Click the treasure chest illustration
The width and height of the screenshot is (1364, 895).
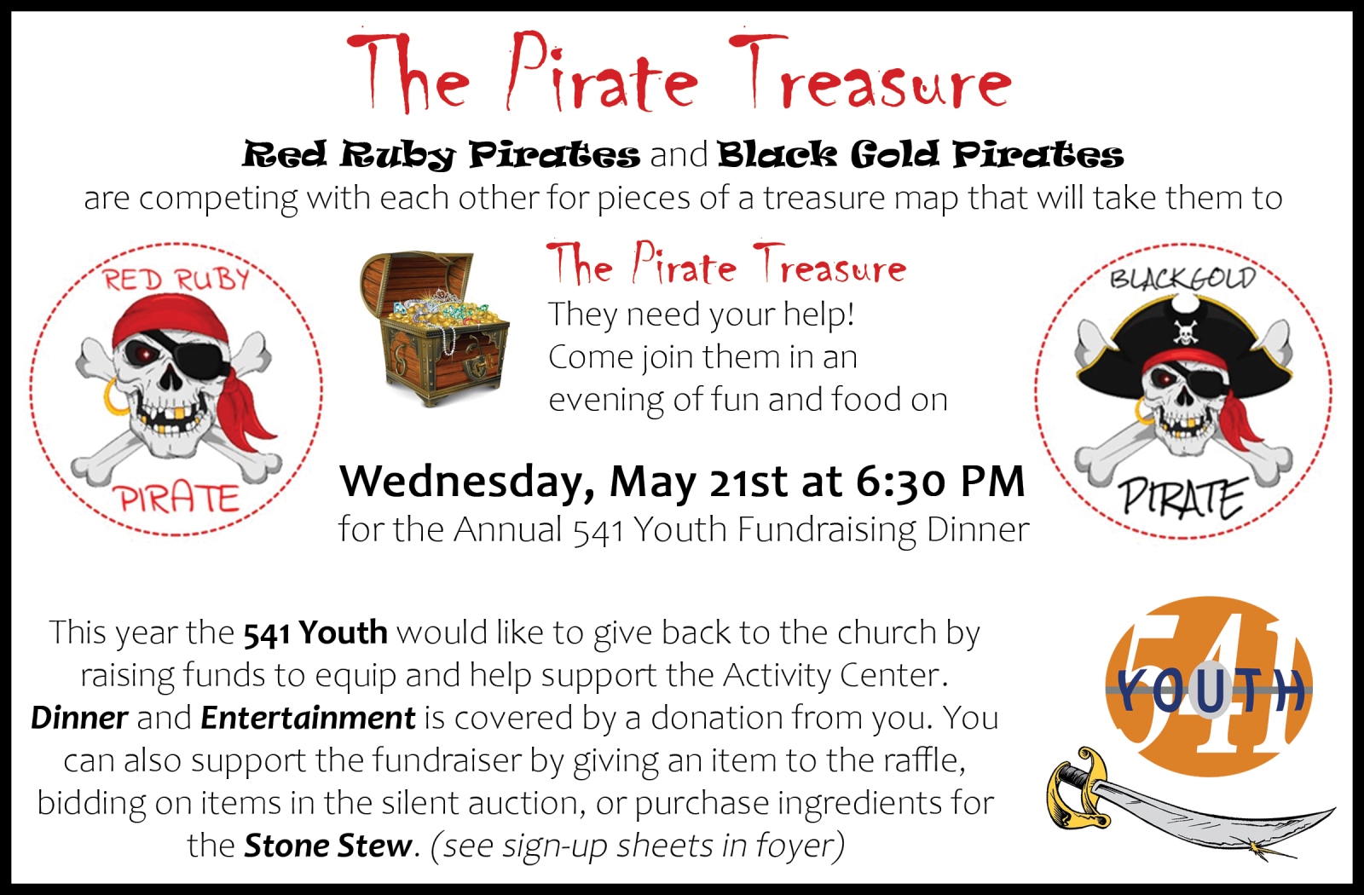[x=435, y=329]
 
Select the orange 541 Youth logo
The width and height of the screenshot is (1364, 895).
[x=1209, y=687]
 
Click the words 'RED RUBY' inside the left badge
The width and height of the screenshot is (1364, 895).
[x=176, y=280]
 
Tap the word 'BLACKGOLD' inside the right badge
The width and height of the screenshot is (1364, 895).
[x=1182, y=278]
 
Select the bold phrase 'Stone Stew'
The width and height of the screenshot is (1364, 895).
[x=328, y=846]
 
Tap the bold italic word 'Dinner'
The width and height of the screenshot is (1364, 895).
[x=79, y=718]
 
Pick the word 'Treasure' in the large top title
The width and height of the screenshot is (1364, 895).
[x=870, y=73]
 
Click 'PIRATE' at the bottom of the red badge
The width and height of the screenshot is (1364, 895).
[x=179, y=499]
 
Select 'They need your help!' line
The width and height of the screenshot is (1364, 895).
[x=702, y=315]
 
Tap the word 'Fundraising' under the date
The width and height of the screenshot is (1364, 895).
[x=826, y=530]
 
